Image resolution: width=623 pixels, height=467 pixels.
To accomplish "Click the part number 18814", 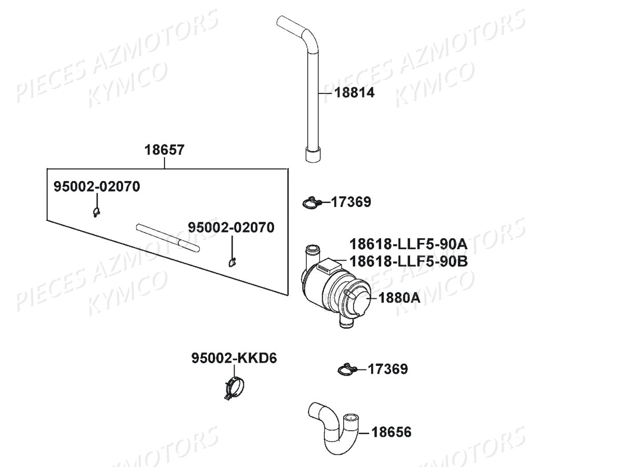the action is coord(354,93).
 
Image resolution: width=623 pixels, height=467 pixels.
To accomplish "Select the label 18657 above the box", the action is coord(165,150).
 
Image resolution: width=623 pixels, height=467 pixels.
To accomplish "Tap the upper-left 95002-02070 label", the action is coord(97,187).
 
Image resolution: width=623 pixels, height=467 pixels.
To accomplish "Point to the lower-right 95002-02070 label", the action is coord(232,227).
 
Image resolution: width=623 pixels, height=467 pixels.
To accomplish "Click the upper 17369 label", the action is coord(351,202).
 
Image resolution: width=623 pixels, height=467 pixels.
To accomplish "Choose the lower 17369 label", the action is coord(388,369).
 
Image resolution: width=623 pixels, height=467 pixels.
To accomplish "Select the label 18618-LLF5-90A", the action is coord(409,244).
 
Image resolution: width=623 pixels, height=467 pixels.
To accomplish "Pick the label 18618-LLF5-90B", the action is coord(409,261).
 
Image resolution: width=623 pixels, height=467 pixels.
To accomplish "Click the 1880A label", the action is coord(399,298).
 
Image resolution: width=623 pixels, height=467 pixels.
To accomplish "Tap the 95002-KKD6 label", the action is coord(234,358).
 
